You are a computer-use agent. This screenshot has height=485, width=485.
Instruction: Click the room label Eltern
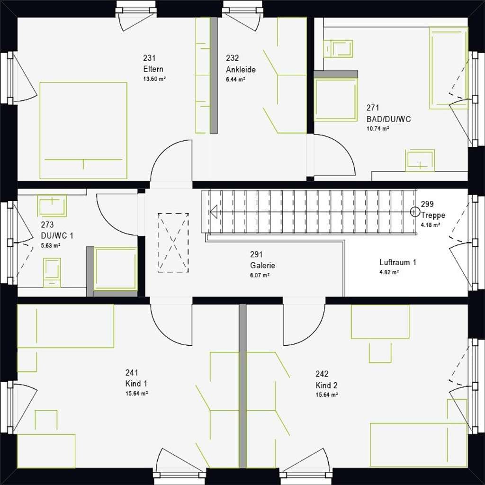point(153,69)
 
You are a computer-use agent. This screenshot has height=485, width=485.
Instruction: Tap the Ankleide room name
point(241,69)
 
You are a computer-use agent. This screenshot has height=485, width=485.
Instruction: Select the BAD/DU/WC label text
point(388,119)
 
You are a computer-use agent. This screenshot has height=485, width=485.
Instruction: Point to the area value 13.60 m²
point(154,79)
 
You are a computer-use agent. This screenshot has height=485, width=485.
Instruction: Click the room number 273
point(47,225)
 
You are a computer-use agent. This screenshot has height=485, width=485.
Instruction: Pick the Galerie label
point(262,265)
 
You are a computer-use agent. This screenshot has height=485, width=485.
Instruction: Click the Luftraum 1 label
point(398,262)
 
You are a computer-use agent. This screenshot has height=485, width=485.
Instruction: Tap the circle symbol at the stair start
point(414,212)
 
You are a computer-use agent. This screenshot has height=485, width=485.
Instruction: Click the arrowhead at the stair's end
point(214,212)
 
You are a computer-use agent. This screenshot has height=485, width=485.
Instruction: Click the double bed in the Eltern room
point(83,131)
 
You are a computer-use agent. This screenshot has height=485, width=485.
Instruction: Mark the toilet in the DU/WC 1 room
point(52,272)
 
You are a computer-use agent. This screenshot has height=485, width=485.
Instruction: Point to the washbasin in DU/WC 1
point(52,205)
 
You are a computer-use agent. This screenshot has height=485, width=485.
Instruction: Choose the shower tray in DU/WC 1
point(116,269)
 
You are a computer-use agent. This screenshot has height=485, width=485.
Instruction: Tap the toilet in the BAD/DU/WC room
point(338,49)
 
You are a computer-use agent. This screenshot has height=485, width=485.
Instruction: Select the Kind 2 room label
point(326,386)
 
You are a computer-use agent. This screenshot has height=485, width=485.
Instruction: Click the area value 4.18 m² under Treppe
point(430,225)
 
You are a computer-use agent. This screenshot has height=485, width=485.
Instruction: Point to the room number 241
point(132,373)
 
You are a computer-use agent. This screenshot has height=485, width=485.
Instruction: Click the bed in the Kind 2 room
point(419,445)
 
